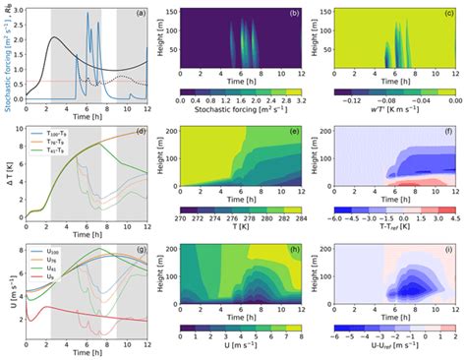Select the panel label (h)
click(x=294, y=253)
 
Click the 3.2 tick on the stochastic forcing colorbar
click(x=301, y=100)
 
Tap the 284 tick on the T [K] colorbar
click(x=301, y=218)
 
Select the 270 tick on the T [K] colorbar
click(x=182, y=218)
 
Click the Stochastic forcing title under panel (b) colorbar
click(x=241, y=111)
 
